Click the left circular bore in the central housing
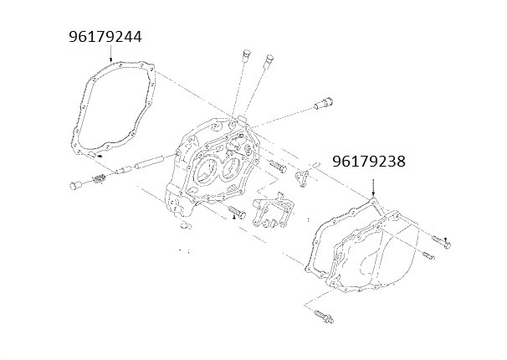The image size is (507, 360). (x=203, y=172)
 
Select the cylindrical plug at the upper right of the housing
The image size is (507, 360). (x=320, y=106)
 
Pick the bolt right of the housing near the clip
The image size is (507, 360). (x=278, y=168)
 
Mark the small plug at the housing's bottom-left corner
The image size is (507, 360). (x=185, y=225)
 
